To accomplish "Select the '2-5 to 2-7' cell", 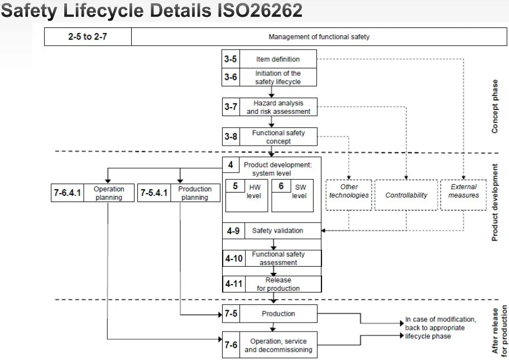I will (x=88, y=37).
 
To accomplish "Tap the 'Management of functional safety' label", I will (x=319, y=37).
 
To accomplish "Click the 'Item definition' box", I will (x=278, y=59).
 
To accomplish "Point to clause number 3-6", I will (x=231, y=77).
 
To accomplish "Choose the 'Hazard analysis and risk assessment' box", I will (x=278, y=107).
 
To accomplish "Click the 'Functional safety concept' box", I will (x=278, y=137).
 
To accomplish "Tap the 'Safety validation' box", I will (x=277, y=231).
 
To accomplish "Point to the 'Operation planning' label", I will (x=109, y=193).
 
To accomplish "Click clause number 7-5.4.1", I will (x=153, y=193).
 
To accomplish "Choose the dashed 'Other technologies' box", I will (x=349, y=191).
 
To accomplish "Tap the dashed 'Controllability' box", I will (x=406, y=195).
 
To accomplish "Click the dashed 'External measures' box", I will (x=463, y=191).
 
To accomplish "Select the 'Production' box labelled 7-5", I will (x=278, y=314).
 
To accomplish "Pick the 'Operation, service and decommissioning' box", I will (x=278, y=345).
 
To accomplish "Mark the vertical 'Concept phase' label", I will (x=495, y=106).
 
